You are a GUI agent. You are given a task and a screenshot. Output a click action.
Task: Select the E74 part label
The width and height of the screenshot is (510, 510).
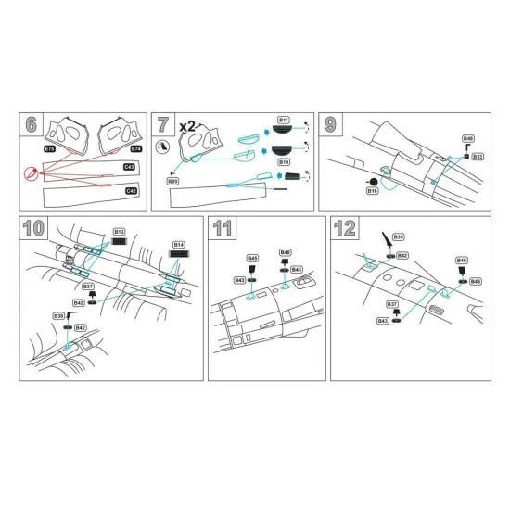135,147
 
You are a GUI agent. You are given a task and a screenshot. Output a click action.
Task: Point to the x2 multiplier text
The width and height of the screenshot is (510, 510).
185,125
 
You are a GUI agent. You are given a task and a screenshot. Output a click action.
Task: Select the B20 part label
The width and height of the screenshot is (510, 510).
172,182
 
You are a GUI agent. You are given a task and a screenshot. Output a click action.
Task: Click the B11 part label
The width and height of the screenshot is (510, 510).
283,121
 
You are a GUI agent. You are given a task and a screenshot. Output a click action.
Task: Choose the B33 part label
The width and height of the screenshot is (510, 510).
477,157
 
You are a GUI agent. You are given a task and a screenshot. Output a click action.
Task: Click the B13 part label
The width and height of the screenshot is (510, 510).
119,231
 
